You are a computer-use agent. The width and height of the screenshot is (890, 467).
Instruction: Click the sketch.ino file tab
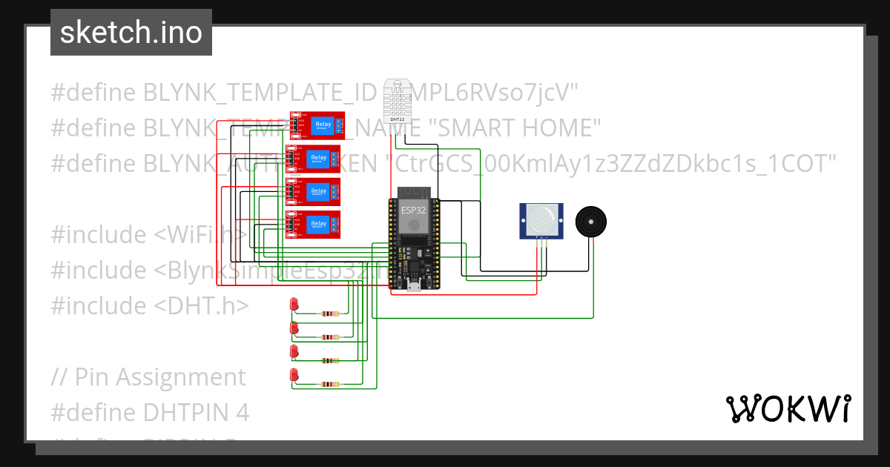(x=131, y=33)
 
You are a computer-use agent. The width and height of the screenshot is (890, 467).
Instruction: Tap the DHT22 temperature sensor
(x=398, y=101)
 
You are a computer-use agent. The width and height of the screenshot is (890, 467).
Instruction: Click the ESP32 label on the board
(x=414, y=210)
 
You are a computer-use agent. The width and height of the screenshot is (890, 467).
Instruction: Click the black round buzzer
(x=590, y=222)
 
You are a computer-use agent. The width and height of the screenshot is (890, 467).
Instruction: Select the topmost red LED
(x=294, y=304)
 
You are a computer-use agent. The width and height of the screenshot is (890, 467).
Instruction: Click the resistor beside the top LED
(x=329, y=314)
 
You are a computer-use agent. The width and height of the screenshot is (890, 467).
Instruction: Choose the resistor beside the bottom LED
(x=329, y=384)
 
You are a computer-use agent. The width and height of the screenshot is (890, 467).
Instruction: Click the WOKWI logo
(x=787, y=409)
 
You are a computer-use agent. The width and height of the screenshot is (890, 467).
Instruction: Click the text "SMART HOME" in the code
(x=515, y=127)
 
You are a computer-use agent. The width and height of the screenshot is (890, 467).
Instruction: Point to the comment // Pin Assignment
(x=148, y=377)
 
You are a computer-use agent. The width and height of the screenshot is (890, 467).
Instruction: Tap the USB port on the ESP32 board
(x=413, y=286)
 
